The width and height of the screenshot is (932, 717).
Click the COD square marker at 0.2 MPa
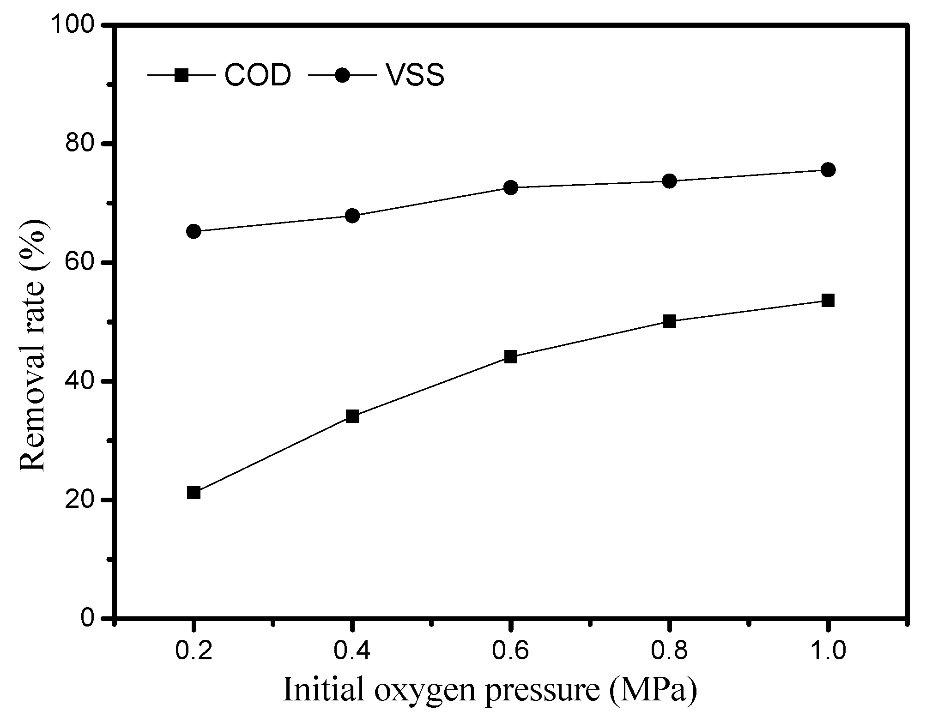194,493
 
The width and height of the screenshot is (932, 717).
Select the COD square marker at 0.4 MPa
352,416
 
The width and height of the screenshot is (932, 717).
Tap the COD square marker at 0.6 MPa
510,356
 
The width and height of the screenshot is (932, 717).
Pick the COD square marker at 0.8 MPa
669,321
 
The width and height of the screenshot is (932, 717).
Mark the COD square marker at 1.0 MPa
828,301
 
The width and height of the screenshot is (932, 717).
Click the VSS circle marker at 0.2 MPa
194,231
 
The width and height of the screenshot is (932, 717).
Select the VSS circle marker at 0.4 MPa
352,216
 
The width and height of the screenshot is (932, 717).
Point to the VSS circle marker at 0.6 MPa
510,187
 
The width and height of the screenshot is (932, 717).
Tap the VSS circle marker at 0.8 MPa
669,181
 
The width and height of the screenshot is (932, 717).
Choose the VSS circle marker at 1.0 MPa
828,169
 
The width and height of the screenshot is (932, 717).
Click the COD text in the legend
258,75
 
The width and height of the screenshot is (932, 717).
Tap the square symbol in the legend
182,75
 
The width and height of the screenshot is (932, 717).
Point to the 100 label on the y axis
75,25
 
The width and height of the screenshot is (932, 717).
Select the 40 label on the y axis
83,381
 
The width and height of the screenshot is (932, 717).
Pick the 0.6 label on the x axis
510,651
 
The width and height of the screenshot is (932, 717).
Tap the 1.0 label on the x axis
828,651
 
